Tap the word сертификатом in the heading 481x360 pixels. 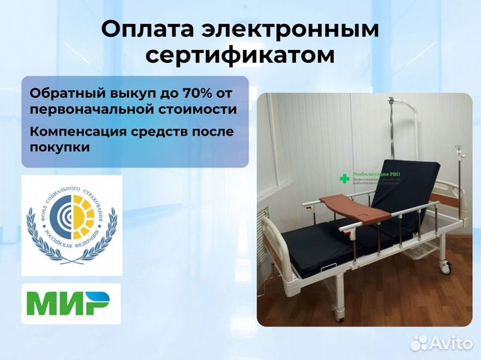tap(240, 55)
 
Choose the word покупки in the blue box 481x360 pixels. tap(59, 148)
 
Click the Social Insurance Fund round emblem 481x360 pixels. tap(71, 226)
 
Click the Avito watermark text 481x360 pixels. tap(450, 343)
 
